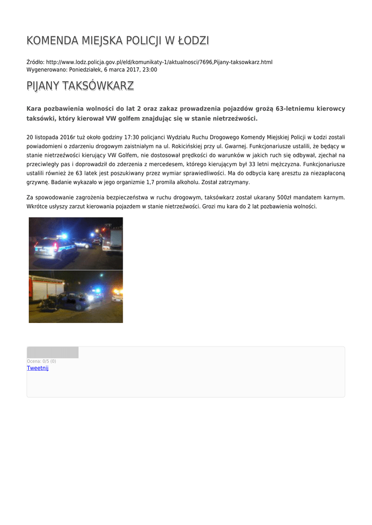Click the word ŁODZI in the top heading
click(x=192, y=41)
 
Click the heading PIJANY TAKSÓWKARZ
click(x=80, y=86)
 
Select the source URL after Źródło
click(x=159, y=62)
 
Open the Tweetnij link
click(x=37, y=368)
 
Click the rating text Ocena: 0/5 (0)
click(x=42, y=361)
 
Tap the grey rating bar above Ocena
click(x=52, y=352)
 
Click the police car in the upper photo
click(x=53, y=247)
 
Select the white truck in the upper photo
click(x=113, y=239)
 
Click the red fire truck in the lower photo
click(x=46, y=287)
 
